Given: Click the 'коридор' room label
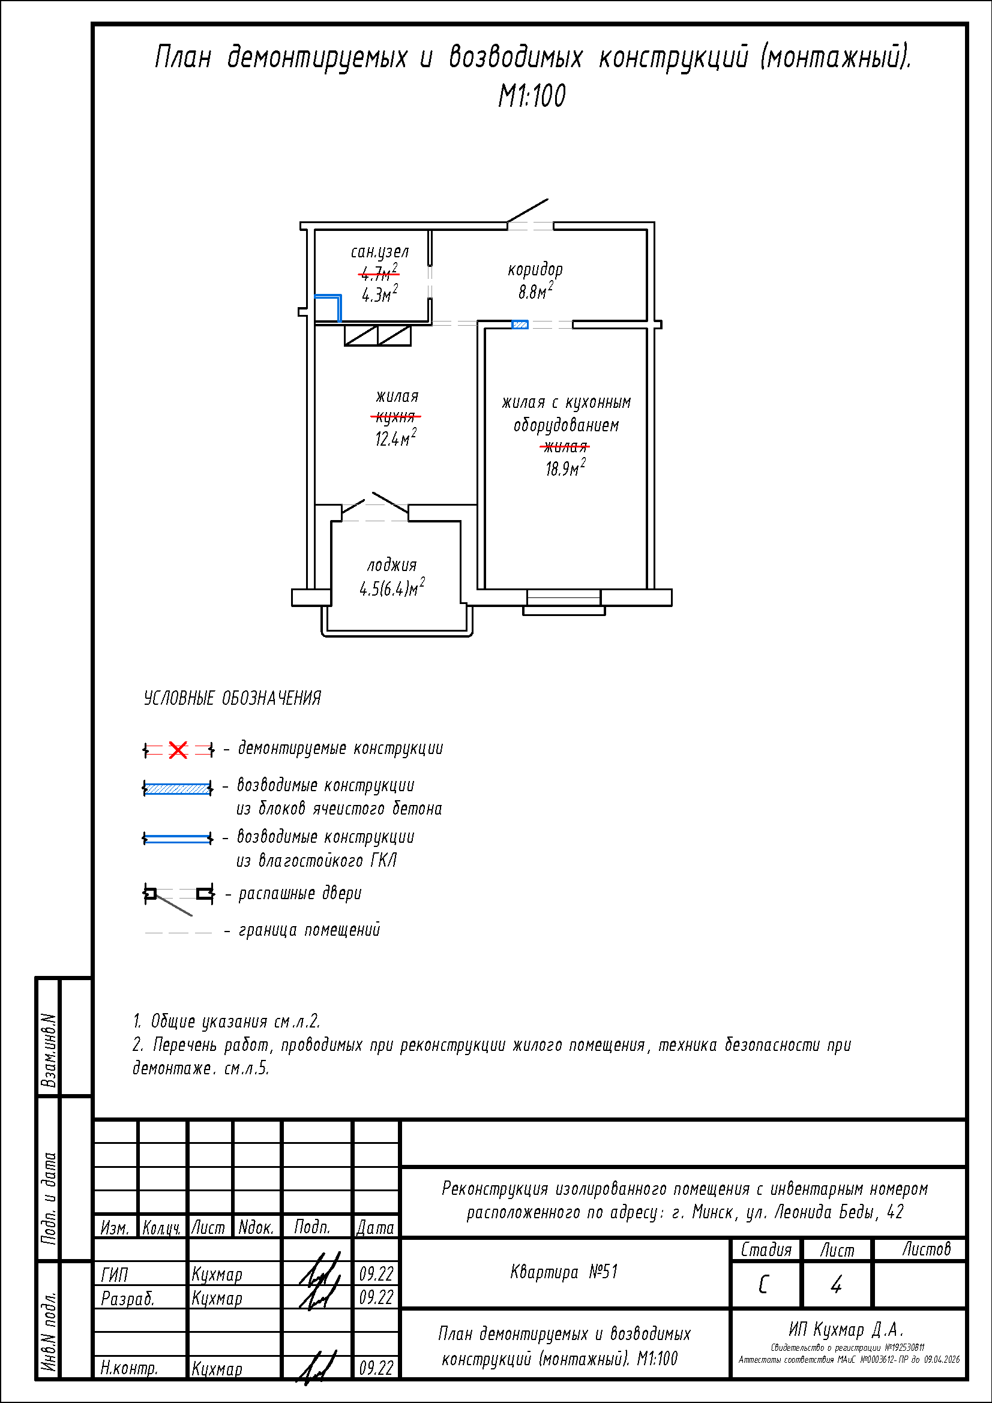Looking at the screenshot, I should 535,269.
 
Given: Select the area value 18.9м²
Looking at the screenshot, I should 565,468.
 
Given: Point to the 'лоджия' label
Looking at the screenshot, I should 392,565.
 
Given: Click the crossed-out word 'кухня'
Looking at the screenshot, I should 395,417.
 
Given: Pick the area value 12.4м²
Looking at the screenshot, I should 395,438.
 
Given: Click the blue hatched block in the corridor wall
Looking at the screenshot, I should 520,325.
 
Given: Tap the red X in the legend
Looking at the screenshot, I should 178,750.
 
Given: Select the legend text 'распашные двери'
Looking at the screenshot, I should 299,894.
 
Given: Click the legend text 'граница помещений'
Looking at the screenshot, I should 309,930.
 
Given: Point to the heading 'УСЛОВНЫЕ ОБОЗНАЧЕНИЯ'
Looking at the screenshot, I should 232,698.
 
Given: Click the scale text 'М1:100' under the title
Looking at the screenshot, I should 532,96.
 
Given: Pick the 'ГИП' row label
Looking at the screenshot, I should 114,1275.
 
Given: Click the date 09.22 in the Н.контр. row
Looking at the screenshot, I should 376,1368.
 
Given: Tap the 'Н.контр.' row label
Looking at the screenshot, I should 129,1368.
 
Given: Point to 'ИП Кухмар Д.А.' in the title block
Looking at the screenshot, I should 846,1329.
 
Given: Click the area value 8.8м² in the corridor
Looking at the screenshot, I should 535,292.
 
